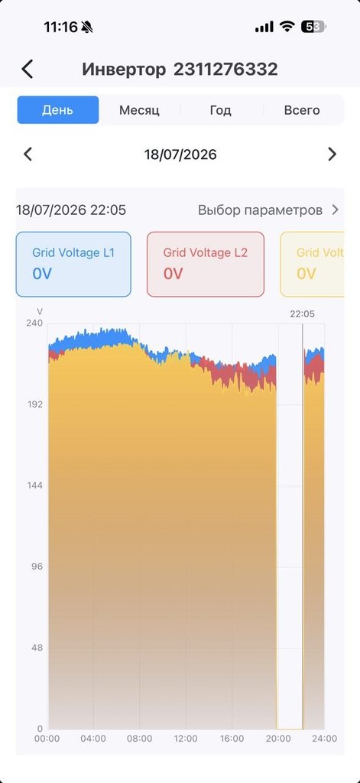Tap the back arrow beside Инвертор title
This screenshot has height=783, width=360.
(28, 69)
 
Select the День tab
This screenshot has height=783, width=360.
(58, 110)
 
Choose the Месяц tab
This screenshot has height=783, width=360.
(139, 110)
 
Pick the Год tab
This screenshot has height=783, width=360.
(220, 110)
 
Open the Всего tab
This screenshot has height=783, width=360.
(302, 110)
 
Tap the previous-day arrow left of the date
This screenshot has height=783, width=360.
(28, 154)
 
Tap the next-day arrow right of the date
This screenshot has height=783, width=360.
(332, 154)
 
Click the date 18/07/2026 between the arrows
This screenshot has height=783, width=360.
(180, 154)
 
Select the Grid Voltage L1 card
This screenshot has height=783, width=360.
(73, 264)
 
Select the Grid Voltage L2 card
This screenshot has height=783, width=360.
(205, 264)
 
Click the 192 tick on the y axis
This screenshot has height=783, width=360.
(34, 404)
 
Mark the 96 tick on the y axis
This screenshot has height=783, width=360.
(37, 567)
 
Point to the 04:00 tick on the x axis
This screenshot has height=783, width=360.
(93, 739)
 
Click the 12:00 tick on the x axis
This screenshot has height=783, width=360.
(186, 739)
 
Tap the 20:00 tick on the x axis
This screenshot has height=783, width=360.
(278, 739)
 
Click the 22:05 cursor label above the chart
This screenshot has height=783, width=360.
(303, 314)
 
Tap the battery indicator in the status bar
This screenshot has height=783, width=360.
(313, 27)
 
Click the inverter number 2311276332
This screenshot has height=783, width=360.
(225, 69)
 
